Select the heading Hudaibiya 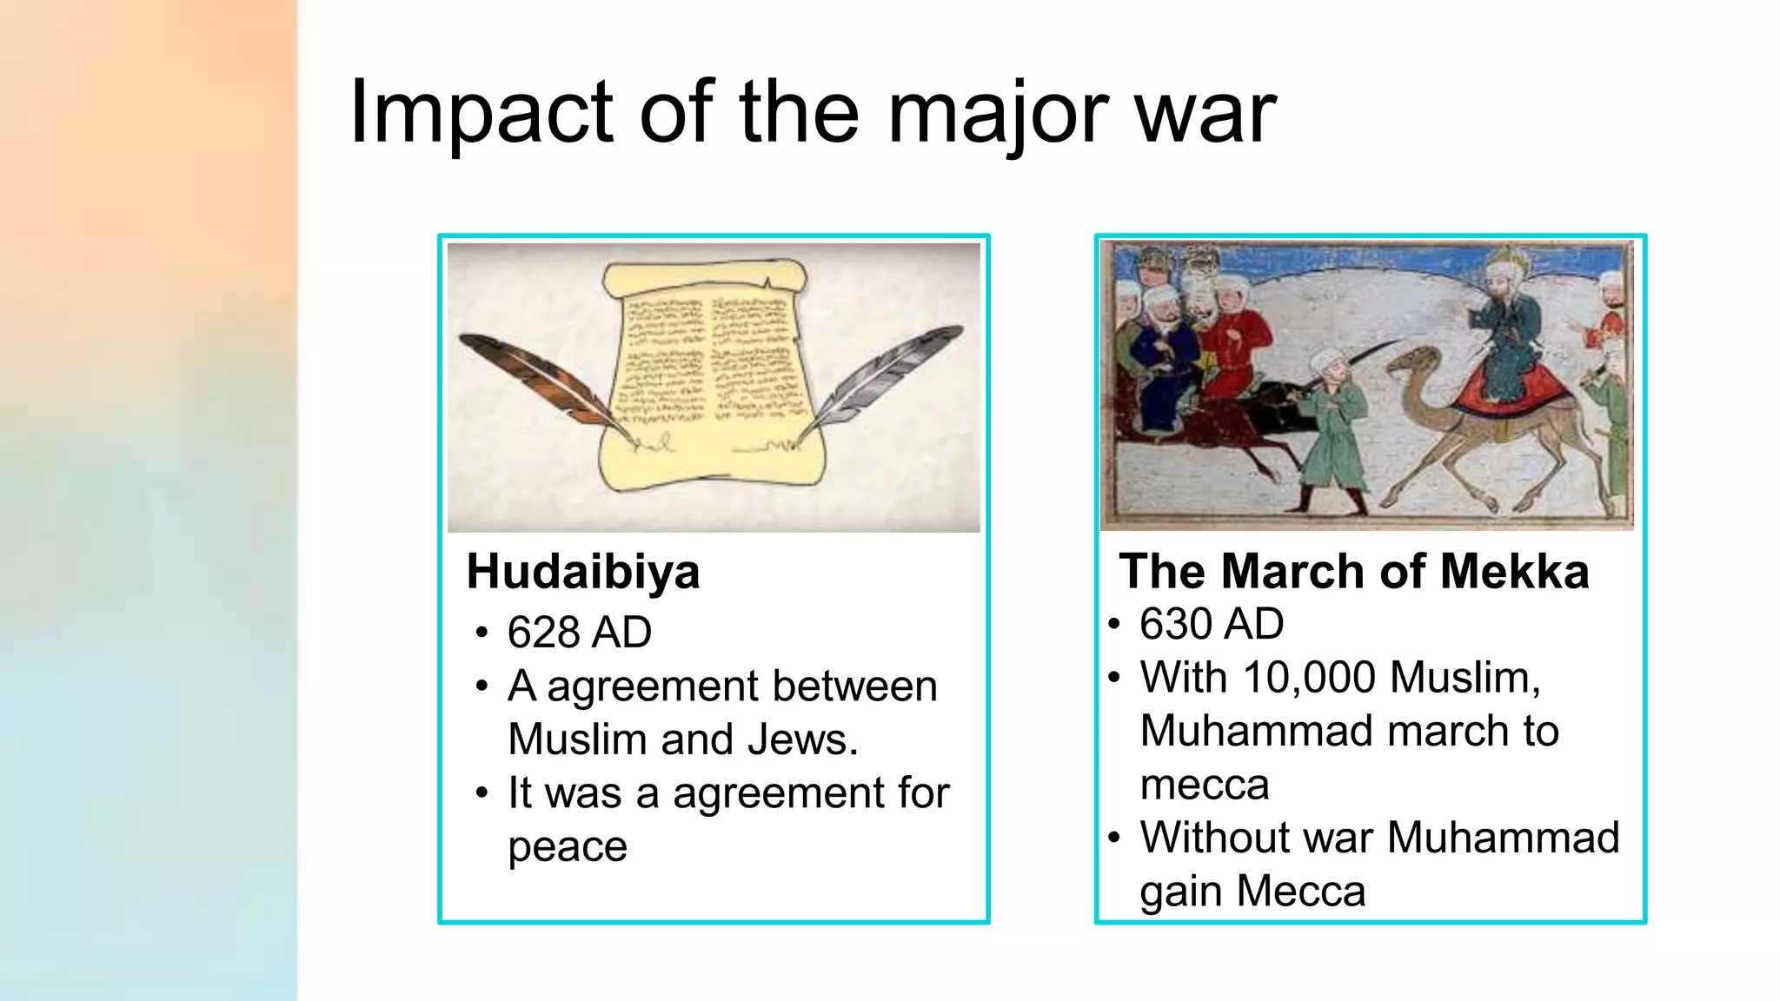pyautogui.click(x=582, y=572)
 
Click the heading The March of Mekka pyautogui.click(x=1353, y=572)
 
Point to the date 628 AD pyautogui.click(x=579, y=632)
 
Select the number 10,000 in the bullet pyautogui.click(x=1309, y=677)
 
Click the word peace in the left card pyautogui.click(x=567, y=846)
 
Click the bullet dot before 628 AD pyautogui.click(x=482, y=633)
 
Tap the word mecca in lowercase pyautogui.click(x=1204, y=785)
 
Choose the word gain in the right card pyautogui.click(x=1181, y=892)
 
